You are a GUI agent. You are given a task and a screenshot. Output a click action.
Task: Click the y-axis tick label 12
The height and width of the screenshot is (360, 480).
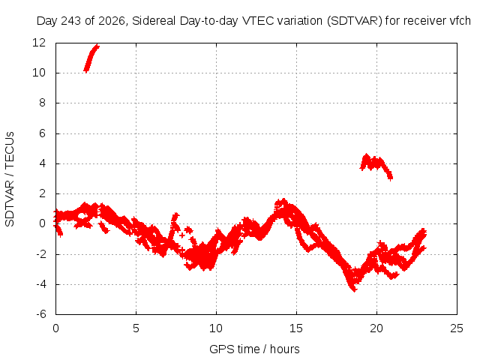pos(39,43)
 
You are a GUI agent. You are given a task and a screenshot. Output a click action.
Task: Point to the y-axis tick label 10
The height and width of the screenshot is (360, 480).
pos(39,73)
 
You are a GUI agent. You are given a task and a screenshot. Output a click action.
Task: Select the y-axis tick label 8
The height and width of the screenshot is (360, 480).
pos(42,103)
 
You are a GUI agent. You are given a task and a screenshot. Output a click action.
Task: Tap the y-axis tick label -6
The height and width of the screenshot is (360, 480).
pos(41,314)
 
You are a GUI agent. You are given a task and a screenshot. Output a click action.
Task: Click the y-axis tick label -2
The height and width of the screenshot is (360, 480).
pos(41,254)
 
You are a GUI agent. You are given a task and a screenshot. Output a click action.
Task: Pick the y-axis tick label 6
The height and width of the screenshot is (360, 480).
pos(42,133)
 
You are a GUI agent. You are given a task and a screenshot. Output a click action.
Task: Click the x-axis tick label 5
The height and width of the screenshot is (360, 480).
pos(136,328)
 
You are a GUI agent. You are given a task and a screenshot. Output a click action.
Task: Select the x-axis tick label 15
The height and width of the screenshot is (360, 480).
pos(296,328)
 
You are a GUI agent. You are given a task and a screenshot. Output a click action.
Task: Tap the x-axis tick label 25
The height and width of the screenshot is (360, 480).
pos(457,328)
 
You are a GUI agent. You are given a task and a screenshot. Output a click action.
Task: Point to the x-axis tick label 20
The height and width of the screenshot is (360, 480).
pos(376,328)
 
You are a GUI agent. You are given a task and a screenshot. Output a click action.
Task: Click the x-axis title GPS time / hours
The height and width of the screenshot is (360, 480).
pos(254,349)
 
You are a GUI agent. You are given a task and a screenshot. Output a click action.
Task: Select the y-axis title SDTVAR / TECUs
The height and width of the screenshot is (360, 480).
pos(10,179)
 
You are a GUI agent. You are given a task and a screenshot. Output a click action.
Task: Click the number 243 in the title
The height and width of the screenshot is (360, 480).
pos(70,21)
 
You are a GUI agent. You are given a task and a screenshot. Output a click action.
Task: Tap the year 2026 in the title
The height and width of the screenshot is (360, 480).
pos(112,21)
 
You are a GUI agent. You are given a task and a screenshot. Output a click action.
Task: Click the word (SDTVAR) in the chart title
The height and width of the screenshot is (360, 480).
pos(355,21)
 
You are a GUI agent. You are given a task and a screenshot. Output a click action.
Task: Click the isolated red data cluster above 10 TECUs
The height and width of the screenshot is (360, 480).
pos(91,58)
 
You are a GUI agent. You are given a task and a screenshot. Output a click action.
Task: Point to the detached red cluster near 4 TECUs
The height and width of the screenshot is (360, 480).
pos(376,166)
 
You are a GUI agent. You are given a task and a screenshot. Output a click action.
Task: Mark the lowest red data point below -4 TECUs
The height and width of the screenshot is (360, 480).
pos(354,290)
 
